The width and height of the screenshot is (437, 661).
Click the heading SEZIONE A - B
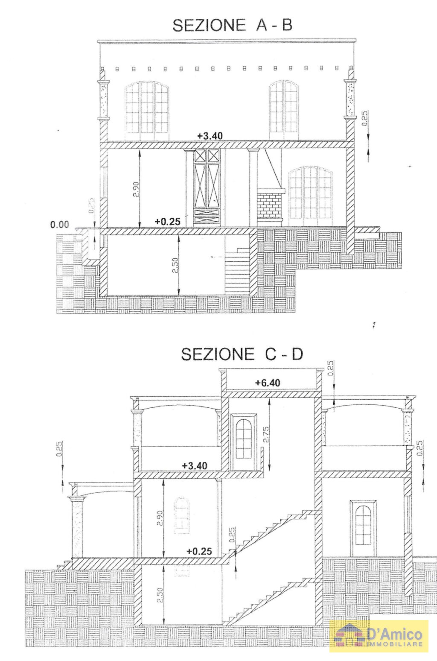pyautogui.click(x=232, y=25)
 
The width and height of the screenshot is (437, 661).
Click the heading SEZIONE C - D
pyautogui.click(x=242, y=354)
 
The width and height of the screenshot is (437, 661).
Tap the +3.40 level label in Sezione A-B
pyautogui.click(x=210, y=136)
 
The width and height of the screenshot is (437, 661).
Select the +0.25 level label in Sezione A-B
pyautogui.click(x=167, y=222)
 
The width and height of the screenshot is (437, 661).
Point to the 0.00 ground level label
pyautogui.click(x=60, y=225)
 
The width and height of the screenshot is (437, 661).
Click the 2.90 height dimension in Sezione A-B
pyautogui.click(x=135, y=189)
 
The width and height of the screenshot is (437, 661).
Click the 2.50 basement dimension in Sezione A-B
pyautogui.click(x=175, y=266)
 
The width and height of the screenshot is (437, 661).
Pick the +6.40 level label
pyautogui.click(x=268, y=383)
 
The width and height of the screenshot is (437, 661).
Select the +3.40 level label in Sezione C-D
pyautogui.click(x=195, y=465)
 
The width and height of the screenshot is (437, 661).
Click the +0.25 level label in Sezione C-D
pyautogui.click(x=199, y=551)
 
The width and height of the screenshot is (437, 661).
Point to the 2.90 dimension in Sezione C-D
pyautogui.click(x=160, y=518)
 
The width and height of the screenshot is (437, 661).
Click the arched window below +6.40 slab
pyautogui.click(x=244, y=438)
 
